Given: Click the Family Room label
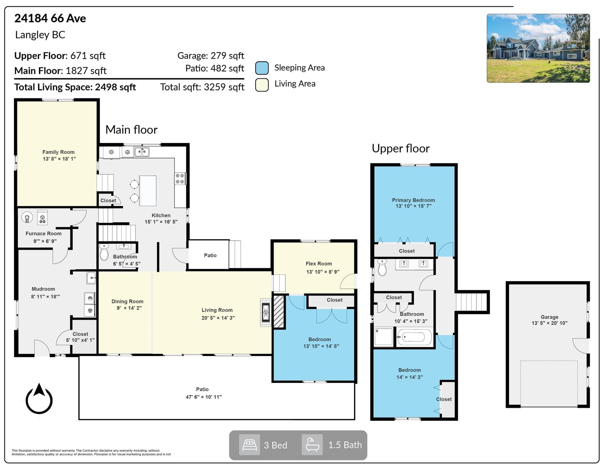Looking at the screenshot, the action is [x=58, y=152].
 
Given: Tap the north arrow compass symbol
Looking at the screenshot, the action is [x=39, y=398].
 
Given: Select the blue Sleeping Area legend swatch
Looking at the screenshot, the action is [x=262, y=68].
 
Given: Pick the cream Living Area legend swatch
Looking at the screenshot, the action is [x=262, y=85].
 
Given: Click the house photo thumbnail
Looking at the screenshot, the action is [x=538, y=48].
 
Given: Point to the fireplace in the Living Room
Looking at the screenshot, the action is [x=266, y=313].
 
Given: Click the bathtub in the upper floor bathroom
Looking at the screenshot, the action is [x=414, y=337].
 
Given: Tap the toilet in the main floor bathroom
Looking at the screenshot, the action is [x=104, y=252].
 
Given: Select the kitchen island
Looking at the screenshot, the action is [x=148, y=191].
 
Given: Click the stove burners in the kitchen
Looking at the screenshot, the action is [x=180, y=179].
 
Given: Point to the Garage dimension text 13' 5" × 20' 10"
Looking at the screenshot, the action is [x=550, y=323].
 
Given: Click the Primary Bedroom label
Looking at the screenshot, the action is [x=413, y=200].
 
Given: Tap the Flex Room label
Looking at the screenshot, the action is [x=319, y=264].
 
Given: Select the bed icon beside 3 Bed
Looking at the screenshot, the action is [x=250, y=445].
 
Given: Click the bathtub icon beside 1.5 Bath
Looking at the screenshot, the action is [x=312, y=445].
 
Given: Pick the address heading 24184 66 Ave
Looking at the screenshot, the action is [x=50, y=19].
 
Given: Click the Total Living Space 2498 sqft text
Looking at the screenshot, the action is [x=75, y=87].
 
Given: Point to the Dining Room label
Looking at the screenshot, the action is [x=127, y=302].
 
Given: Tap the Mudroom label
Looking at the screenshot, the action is [x=43, y=289].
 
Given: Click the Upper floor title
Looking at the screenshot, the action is [x=400, y=148].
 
